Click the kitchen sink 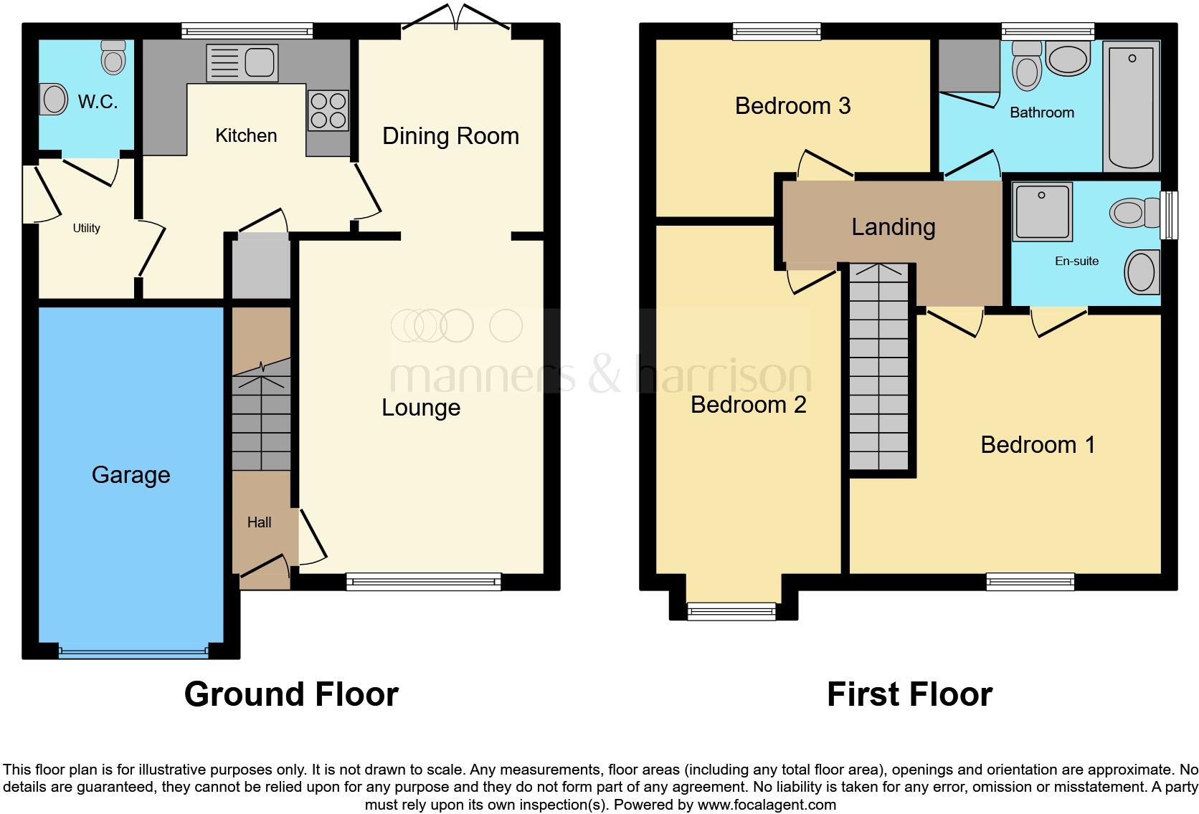[242, 62]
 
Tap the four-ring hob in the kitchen [328, 110]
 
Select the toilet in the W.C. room [113, 57]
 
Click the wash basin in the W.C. [54, 100]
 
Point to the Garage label [131, 475]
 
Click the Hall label [259, 522]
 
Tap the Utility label [86, 228]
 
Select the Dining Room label [450, 135]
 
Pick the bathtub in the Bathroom [1132, 106]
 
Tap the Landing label [893, 227]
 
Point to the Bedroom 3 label [792, 106]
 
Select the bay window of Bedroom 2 [731, 610]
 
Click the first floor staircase [878, 369]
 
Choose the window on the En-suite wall [1168, 214]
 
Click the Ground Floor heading [290, 694]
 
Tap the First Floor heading [909, 694]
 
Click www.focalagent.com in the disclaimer [766, 804]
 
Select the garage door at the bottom [133, 652]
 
